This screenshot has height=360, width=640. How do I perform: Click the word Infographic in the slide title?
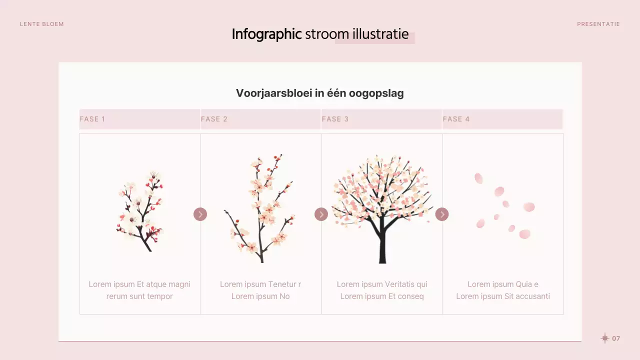coord(266,34)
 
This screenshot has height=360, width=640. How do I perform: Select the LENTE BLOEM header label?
coord(42,24)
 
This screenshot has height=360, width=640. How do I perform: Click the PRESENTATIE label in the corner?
coord(598,24)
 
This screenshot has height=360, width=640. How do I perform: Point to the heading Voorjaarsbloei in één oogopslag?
coord(319,93)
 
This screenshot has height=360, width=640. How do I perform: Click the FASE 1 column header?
coord(92,119)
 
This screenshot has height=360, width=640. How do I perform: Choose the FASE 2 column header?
coord(214,119)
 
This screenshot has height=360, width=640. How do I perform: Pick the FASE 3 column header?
coord(335,119)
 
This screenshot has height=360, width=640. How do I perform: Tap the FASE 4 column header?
coord(456,119)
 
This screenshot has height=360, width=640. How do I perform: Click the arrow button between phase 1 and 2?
coord(200,214)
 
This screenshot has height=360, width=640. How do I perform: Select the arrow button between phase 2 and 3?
coord(321,214)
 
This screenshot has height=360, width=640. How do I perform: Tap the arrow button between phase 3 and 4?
coord(442,214)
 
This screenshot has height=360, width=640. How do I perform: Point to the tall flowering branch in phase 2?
coord(261,210)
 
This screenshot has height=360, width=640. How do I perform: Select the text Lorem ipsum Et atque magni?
coord(139,284)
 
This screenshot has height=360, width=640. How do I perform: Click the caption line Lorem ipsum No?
coord(260,296)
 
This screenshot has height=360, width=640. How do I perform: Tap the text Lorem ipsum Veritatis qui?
coord(382,284)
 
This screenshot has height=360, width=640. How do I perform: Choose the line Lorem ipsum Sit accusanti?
coord(503,296)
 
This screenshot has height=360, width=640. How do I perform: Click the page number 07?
coord(616,338)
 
